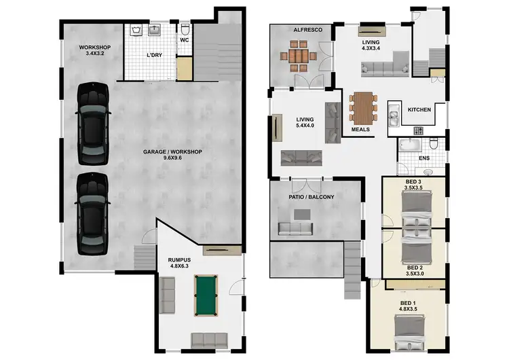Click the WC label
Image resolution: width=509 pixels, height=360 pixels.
point(184,40)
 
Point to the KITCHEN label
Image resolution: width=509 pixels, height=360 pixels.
point(419,109)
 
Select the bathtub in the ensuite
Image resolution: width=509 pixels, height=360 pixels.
point(410,145)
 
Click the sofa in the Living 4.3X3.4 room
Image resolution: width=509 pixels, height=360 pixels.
point(384,67)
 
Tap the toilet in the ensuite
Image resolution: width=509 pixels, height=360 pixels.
point(434,144)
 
